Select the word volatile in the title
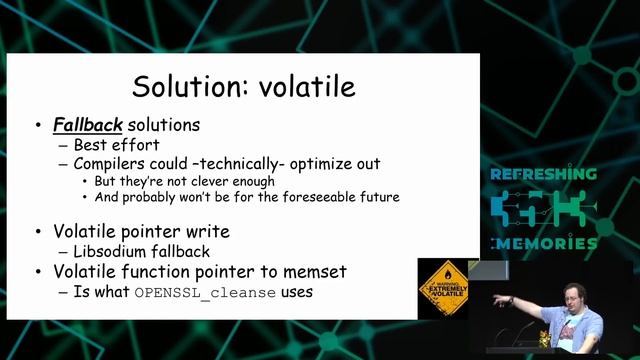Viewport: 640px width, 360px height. tap(306, 86)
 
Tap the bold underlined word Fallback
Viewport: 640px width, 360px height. tap(87, 126)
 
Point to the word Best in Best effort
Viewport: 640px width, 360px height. tap(91, 144)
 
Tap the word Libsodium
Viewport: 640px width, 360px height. tap(112, 251)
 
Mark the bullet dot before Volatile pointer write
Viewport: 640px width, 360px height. tap(37, 232)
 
